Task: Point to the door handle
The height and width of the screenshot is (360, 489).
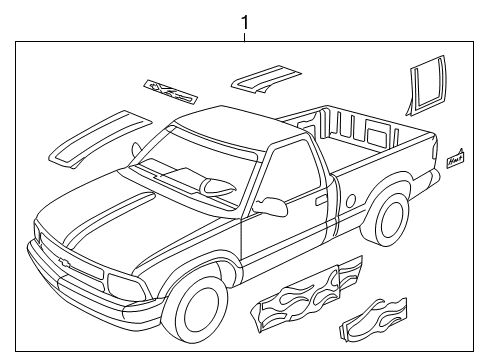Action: click(318, 199)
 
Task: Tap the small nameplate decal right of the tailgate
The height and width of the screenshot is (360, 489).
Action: click(455, 157)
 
